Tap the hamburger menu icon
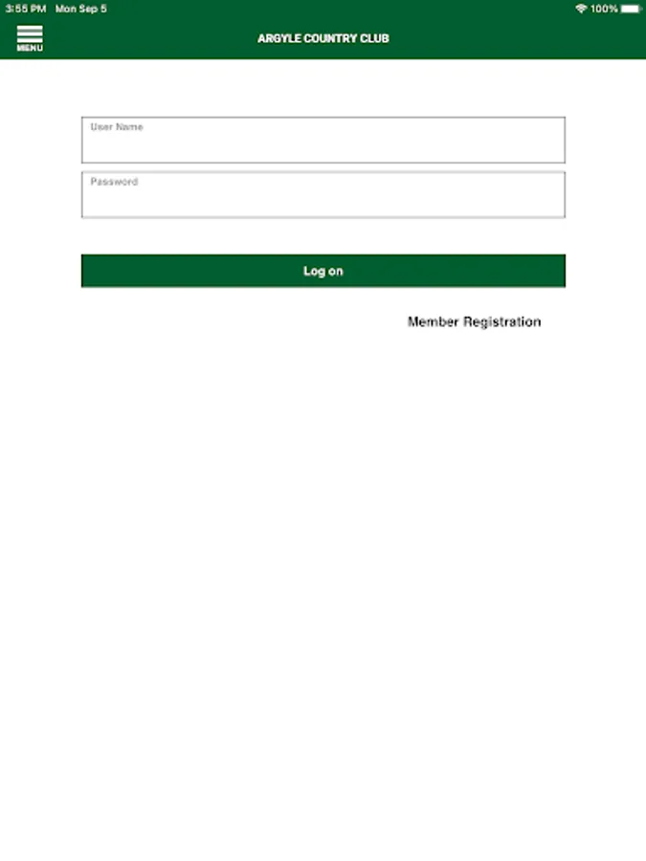pyautogui.click(x=30, y=33)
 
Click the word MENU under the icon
pyautogui.click(x=30, y=48)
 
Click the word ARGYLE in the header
pyautogui.click(x=276, y=39)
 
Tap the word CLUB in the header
pyautogui.click(x=374, y=39)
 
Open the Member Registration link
pyautogui.click(x=474, y=322)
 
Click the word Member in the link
pyautogui.click(x=433, y=322)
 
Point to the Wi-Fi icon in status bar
pyautogui.click(x=581, y=9)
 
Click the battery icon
pyautogui.click(x=631, y=9)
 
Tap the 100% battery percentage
pyautogui.click(x=604, y=9)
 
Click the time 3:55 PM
pyautogui.click(x=25, y=9)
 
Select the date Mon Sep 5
pyautogui.click(x=81, y=9)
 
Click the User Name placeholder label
pyautogui.click(x=117, y=127)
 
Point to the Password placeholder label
pyautogui.click(x=114, y=182)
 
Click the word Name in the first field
pyautogui.click(x=130, y=127)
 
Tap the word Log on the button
pyautogui.click(x=314, y=272)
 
